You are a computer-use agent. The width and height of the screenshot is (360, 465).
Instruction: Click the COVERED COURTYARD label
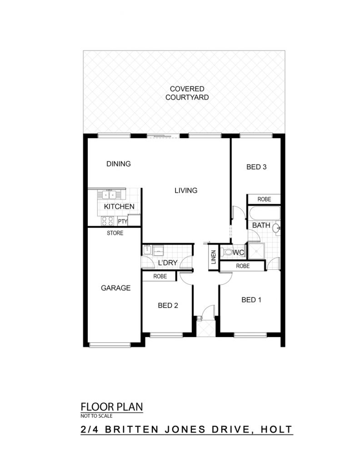pos(187,93)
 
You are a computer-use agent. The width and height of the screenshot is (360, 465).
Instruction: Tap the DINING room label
pos(119,163)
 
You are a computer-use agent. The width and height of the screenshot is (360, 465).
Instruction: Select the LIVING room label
pos(186,190)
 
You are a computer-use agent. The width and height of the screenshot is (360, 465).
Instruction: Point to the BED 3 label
pos(256,167)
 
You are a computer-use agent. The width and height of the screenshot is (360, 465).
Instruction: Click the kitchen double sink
pos(109,194)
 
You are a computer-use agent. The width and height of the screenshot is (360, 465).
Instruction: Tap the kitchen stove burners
pos(107,221)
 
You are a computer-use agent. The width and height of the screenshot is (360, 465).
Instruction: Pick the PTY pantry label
pos(123,222)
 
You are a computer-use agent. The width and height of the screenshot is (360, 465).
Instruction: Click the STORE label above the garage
pos(115,233)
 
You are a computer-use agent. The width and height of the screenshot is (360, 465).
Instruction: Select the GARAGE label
pos(116,288)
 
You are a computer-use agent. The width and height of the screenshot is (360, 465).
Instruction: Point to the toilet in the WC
pos(227,252)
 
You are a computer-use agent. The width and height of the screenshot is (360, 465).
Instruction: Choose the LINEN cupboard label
pos(213,257)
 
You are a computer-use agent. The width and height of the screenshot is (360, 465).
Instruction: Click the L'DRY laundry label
pos(168,263)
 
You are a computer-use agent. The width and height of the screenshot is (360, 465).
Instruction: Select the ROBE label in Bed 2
pos(160,277)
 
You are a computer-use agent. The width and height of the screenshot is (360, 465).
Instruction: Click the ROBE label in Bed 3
pos(264,199)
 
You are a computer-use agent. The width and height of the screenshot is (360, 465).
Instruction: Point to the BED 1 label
pos(251,300)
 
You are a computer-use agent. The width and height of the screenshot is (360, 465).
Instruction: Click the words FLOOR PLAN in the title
pos(112,407)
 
